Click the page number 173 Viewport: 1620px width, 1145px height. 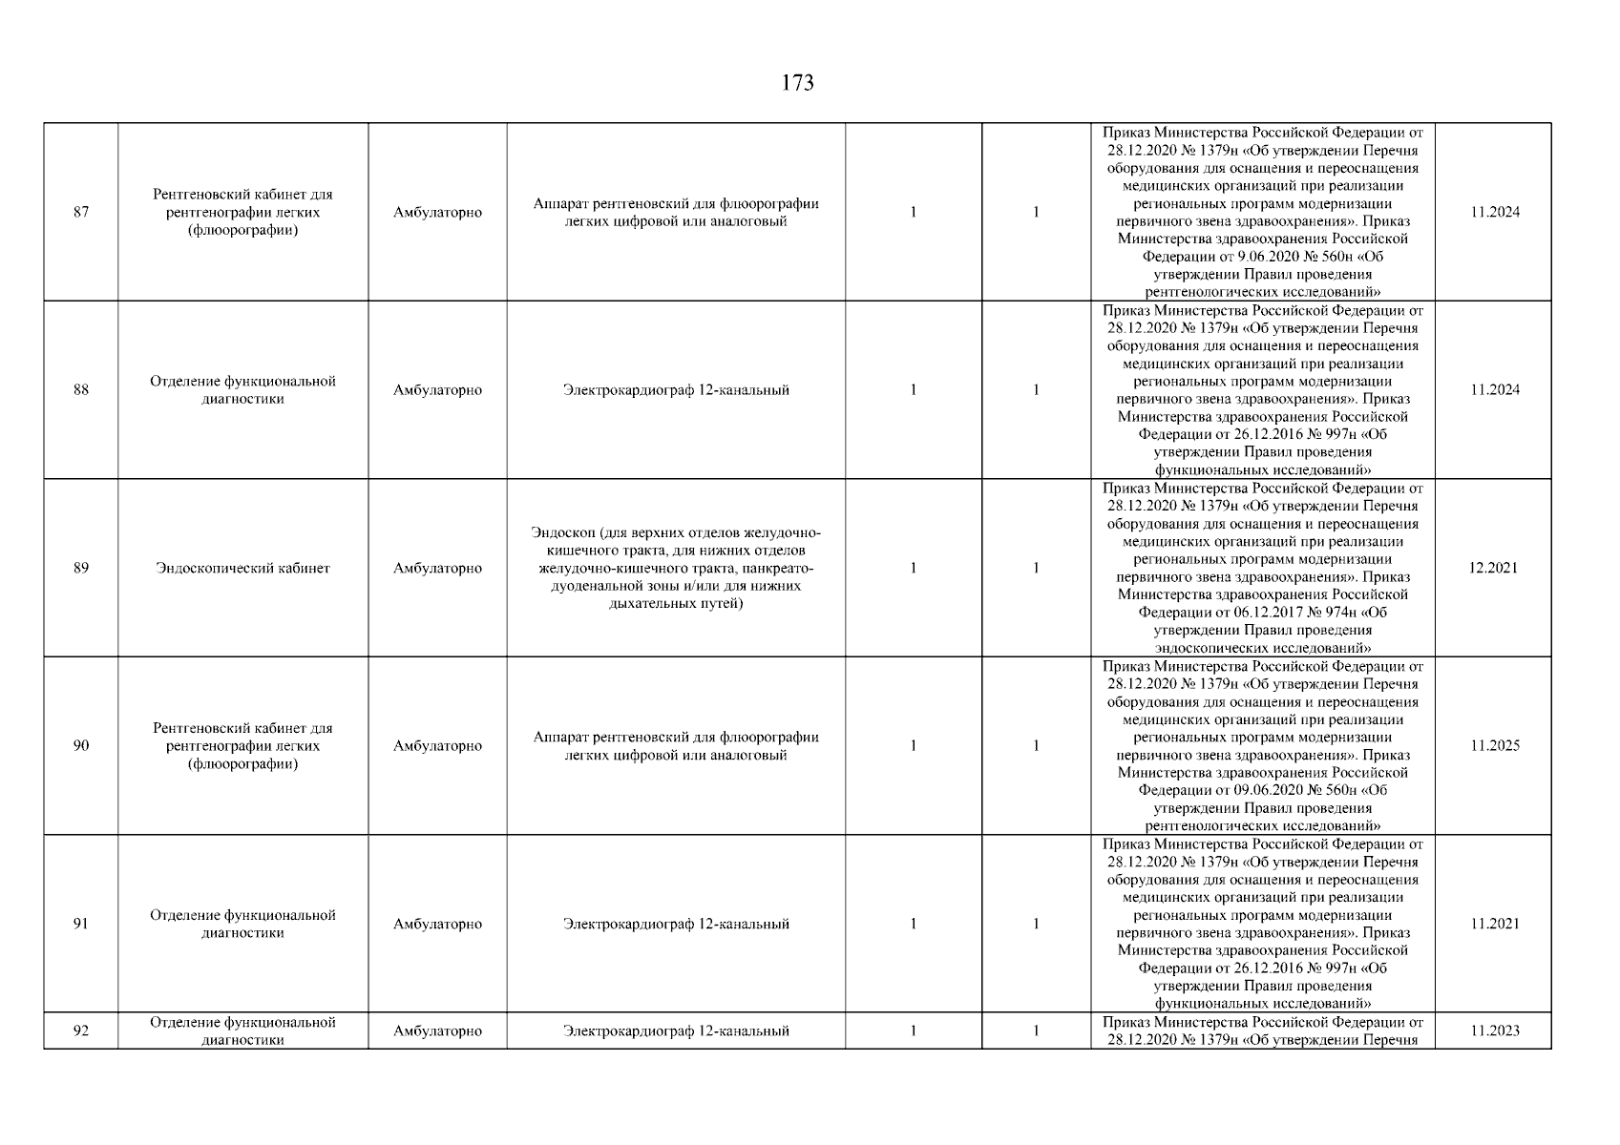(x=797, y=84)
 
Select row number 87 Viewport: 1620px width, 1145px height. (x=81, y=213)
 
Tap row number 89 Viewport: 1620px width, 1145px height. (x=81, y=569)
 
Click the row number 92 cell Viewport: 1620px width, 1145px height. (x=81, y=1031)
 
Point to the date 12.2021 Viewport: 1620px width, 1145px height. (x=1494, y=569)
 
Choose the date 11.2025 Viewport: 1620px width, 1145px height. (x=1494, y=746)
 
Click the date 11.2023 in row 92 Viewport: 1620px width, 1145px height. (x=1494, y=1031)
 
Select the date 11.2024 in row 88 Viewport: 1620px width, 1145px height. (x=1494, y=390)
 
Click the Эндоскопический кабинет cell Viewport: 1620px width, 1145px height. (x=242, y=569)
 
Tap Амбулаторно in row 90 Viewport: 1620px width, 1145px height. (x=437, y=746)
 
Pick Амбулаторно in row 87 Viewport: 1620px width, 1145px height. (x=437, y=213)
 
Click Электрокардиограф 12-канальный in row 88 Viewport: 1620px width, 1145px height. (x=676, y=390)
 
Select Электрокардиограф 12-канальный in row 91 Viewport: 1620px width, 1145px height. (x=676, y=925)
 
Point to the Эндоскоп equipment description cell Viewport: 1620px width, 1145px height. (x=676, y=569)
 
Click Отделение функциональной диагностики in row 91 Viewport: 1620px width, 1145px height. (x=242, y=925)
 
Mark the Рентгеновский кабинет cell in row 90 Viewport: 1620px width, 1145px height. (x=242, y=746)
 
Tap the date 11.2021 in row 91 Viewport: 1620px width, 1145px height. (x=1494, y=925)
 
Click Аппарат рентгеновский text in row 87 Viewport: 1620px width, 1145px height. (x=676, y=213)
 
